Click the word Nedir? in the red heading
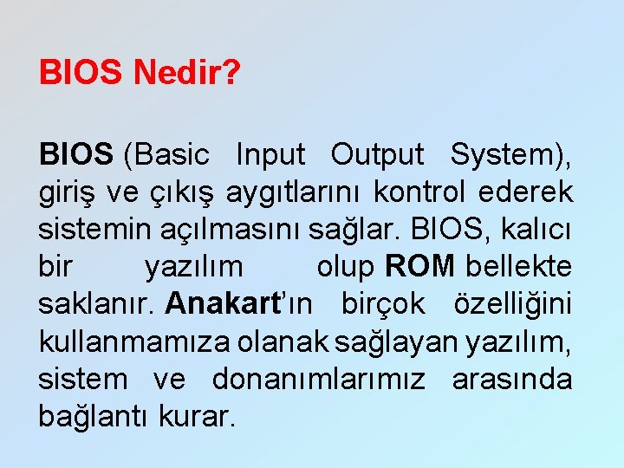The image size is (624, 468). click(186, 73)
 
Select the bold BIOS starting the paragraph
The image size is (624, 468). click(76, 155)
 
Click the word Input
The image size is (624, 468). click(270, 155)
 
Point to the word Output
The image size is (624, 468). click(378, 155)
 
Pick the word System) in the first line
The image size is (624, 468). click(510, 155)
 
